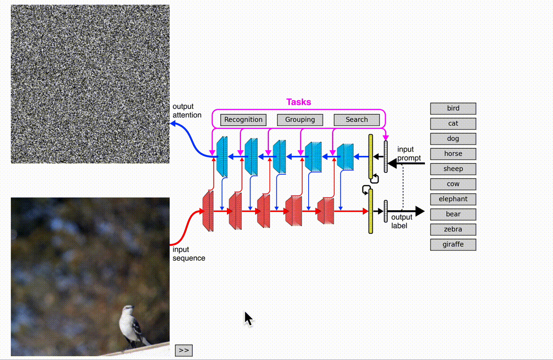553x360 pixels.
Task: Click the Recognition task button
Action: tap(243, 120)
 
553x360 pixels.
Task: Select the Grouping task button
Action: tap(300, 120)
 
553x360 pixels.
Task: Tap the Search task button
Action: tap(356, 120)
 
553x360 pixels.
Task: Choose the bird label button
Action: tap(453, 108)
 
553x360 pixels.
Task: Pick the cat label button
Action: tap(453, 123)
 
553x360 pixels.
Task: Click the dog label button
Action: tap(453, 138)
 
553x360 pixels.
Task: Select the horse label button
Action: tap(453, 154)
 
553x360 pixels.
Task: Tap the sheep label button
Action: tap(453, 169)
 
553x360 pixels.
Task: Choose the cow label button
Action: tap(453, 184)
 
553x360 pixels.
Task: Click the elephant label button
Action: tap(453, 199)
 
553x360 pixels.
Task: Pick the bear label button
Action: tap(453, 214)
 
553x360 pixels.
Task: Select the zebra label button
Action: tap(453, 229)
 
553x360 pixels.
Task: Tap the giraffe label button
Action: tap(453, 244)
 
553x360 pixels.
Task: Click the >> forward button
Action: tap(184, 350)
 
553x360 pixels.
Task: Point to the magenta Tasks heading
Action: tap(299, 102)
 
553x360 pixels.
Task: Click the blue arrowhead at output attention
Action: tap(173, 123)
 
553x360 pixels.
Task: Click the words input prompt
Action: tap(409, 154)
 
